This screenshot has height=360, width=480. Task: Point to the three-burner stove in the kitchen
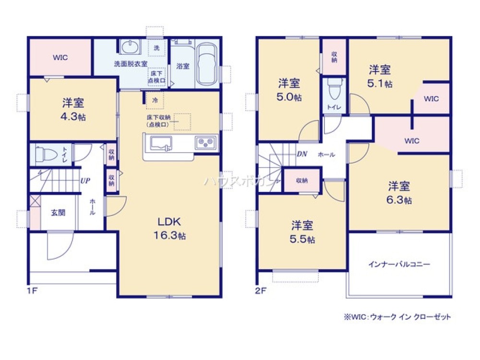pos(205,143)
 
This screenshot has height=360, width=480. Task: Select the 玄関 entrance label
pos(58,212)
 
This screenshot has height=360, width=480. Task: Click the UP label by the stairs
pos(85,181)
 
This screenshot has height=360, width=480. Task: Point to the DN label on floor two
pos(301,154)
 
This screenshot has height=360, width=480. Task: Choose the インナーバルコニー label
pos(399,264)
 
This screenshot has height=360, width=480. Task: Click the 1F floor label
pos(32,290)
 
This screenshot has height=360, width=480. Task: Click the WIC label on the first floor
pos(60,58)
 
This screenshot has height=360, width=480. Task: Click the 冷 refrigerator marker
pos(155,101)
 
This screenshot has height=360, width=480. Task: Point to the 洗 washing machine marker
pos(157,48)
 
